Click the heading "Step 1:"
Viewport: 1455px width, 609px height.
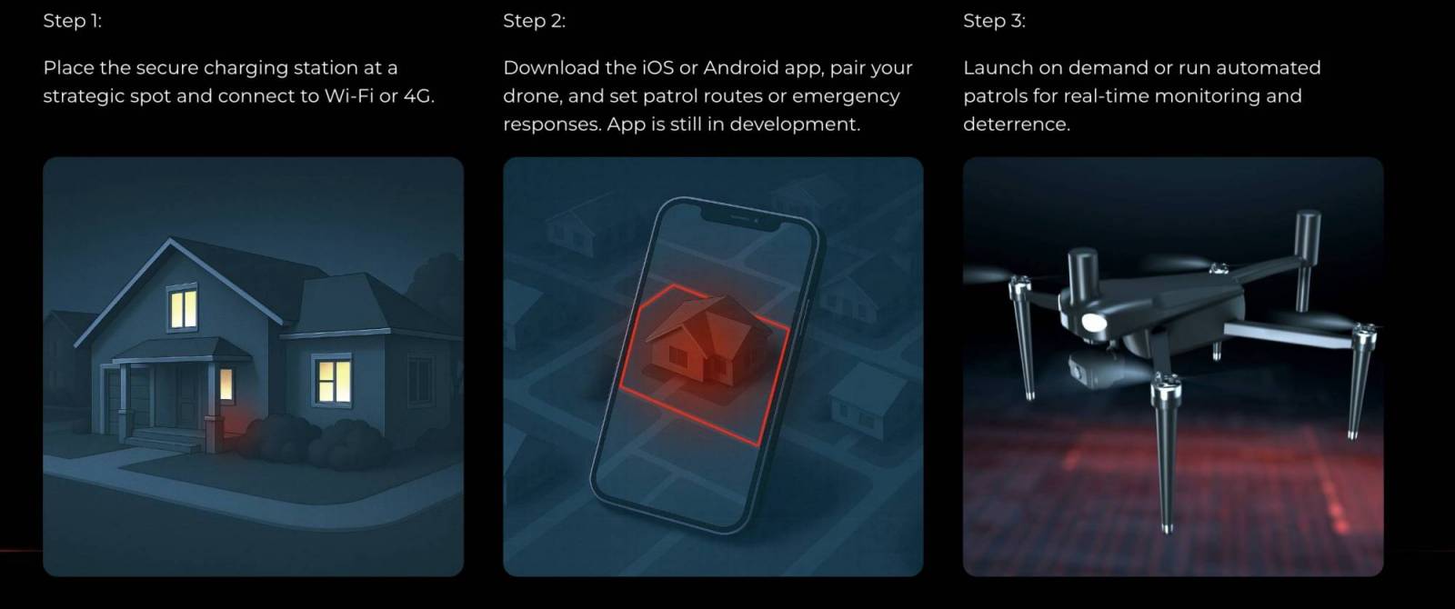coord(72,21)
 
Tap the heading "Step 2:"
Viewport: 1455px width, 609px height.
coord(534,21)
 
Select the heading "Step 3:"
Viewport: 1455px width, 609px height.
coord(994,21)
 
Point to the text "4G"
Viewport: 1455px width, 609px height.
coord(417,95)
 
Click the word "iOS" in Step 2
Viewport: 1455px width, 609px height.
coord(658,67)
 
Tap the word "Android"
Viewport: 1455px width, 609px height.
coord(741,67)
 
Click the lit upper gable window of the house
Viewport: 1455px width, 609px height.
coord(183,307)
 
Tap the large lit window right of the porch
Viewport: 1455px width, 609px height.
coord(333,380)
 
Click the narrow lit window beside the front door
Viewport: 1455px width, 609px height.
coord(226,384)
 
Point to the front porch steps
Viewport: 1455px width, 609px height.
coord(167,440)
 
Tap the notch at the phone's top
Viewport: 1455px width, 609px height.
coord(740,218)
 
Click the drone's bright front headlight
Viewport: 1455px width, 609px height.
coord(1093,323)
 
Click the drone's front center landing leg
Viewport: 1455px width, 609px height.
coord(1166,454)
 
